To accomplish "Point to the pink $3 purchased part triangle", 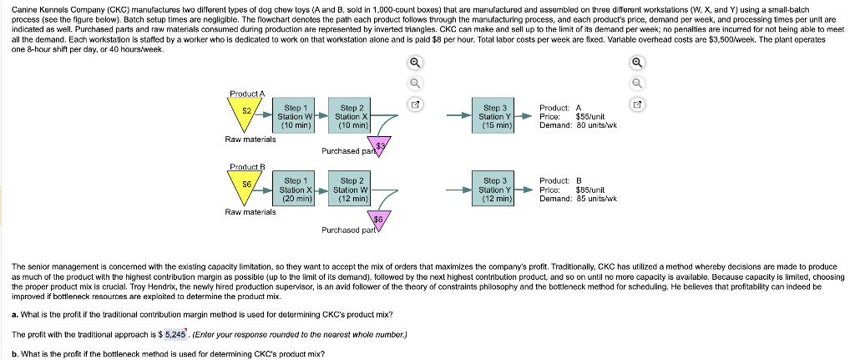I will pos(381,148).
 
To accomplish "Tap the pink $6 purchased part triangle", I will pos(378,220).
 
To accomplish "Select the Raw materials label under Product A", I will pos(250,139).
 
